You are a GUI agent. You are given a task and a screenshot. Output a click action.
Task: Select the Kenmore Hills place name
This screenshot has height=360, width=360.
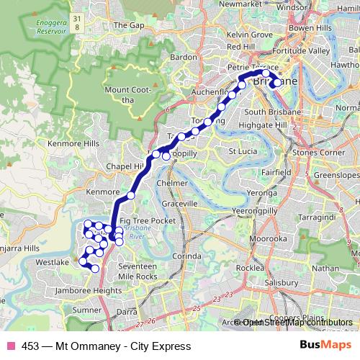tap(70, 144)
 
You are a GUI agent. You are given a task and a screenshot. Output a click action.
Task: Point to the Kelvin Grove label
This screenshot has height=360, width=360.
tap(249, 34)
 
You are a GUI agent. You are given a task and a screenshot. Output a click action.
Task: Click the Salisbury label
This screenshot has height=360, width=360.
tap(283, 284)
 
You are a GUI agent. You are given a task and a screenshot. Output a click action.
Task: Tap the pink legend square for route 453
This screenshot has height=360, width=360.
tap(11, 346)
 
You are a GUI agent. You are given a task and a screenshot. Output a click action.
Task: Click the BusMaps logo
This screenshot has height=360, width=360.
tap(325, 346)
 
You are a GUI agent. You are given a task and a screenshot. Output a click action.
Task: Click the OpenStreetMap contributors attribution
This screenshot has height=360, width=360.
tap(295, 323)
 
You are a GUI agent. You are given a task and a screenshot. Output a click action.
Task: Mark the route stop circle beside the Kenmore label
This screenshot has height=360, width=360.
tap(131, 196)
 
